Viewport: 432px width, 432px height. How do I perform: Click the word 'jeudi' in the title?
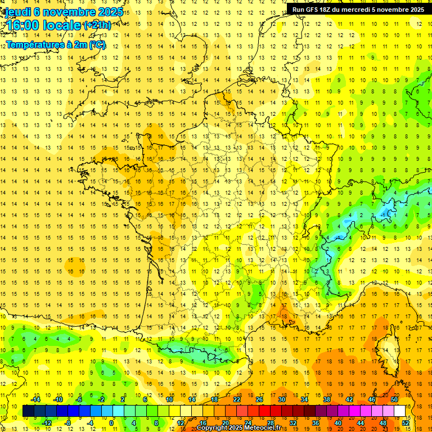(x=17, y=12)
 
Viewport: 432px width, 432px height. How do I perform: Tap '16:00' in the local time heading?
(x=22, y=25)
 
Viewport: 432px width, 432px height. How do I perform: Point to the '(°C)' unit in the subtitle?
(x=96, y=45)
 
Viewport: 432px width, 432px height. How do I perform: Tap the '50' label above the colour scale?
(x=394, y=399)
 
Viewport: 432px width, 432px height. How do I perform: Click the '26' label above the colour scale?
(x=259, y=399)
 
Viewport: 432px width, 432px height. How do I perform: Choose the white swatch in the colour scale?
(x=400, y=411)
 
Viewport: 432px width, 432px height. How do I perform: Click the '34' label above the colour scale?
(x=304, y=399)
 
